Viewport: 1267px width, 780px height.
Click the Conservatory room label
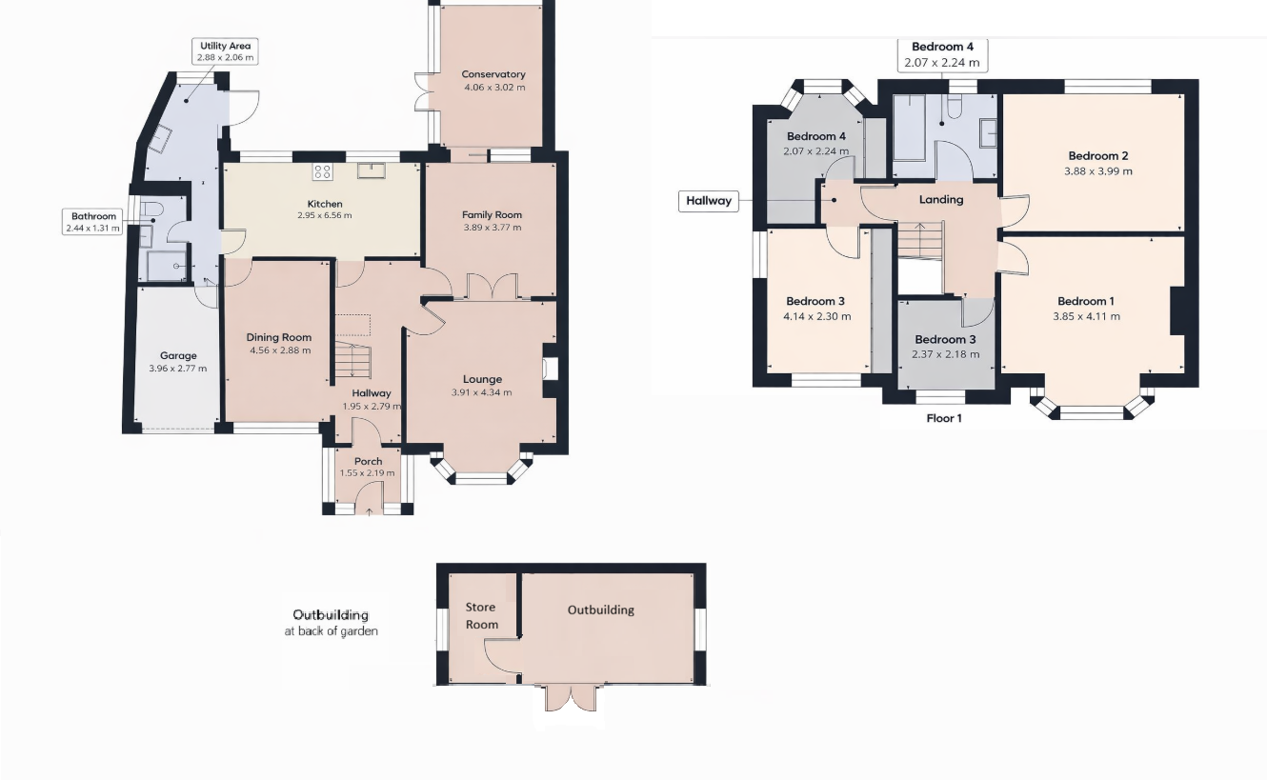pyautogui.click(x=493, y=74)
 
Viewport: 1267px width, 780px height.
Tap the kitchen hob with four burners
pyautogui.click(x=323, y=171)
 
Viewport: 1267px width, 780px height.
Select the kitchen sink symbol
pyautogui.click(x=370, y=170)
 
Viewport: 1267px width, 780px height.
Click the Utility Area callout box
pyautogui.click(x=226, y=51)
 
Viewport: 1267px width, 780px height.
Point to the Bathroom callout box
pyautogui.click(x=93, y=222)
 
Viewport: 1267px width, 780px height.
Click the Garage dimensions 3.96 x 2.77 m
pyautogui.click(x=178, y=369)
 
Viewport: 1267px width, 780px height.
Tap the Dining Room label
pyautogui.click(x=279, y=337)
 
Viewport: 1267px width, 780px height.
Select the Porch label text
pyautogui.click(x=368, y=461)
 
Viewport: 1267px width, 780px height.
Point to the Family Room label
pyautogui.click(x=493, y=214)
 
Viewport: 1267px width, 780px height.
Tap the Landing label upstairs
pyautogui.click(x=940, y=199)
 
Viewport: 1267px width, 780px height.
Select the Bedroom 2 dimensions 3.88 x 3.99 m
pyautogui.click(x=1098, y=171)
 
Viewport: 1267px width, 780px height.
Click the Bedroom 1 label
pyautogui.click(x=1086, y=301)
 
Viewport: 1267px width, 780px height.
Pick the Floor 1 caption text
pyautogui.click(x=944, y=418)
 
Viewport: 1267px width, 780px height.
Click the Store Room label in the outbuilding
pyautogui.click(x=481, y=615)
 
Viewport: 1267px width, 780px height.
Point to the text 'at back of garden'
pyautogui.click(x=331, y=630)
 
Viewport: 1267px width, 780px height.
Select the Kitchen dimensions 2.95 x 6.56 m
pyautogui.click(x=324, y=215)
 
